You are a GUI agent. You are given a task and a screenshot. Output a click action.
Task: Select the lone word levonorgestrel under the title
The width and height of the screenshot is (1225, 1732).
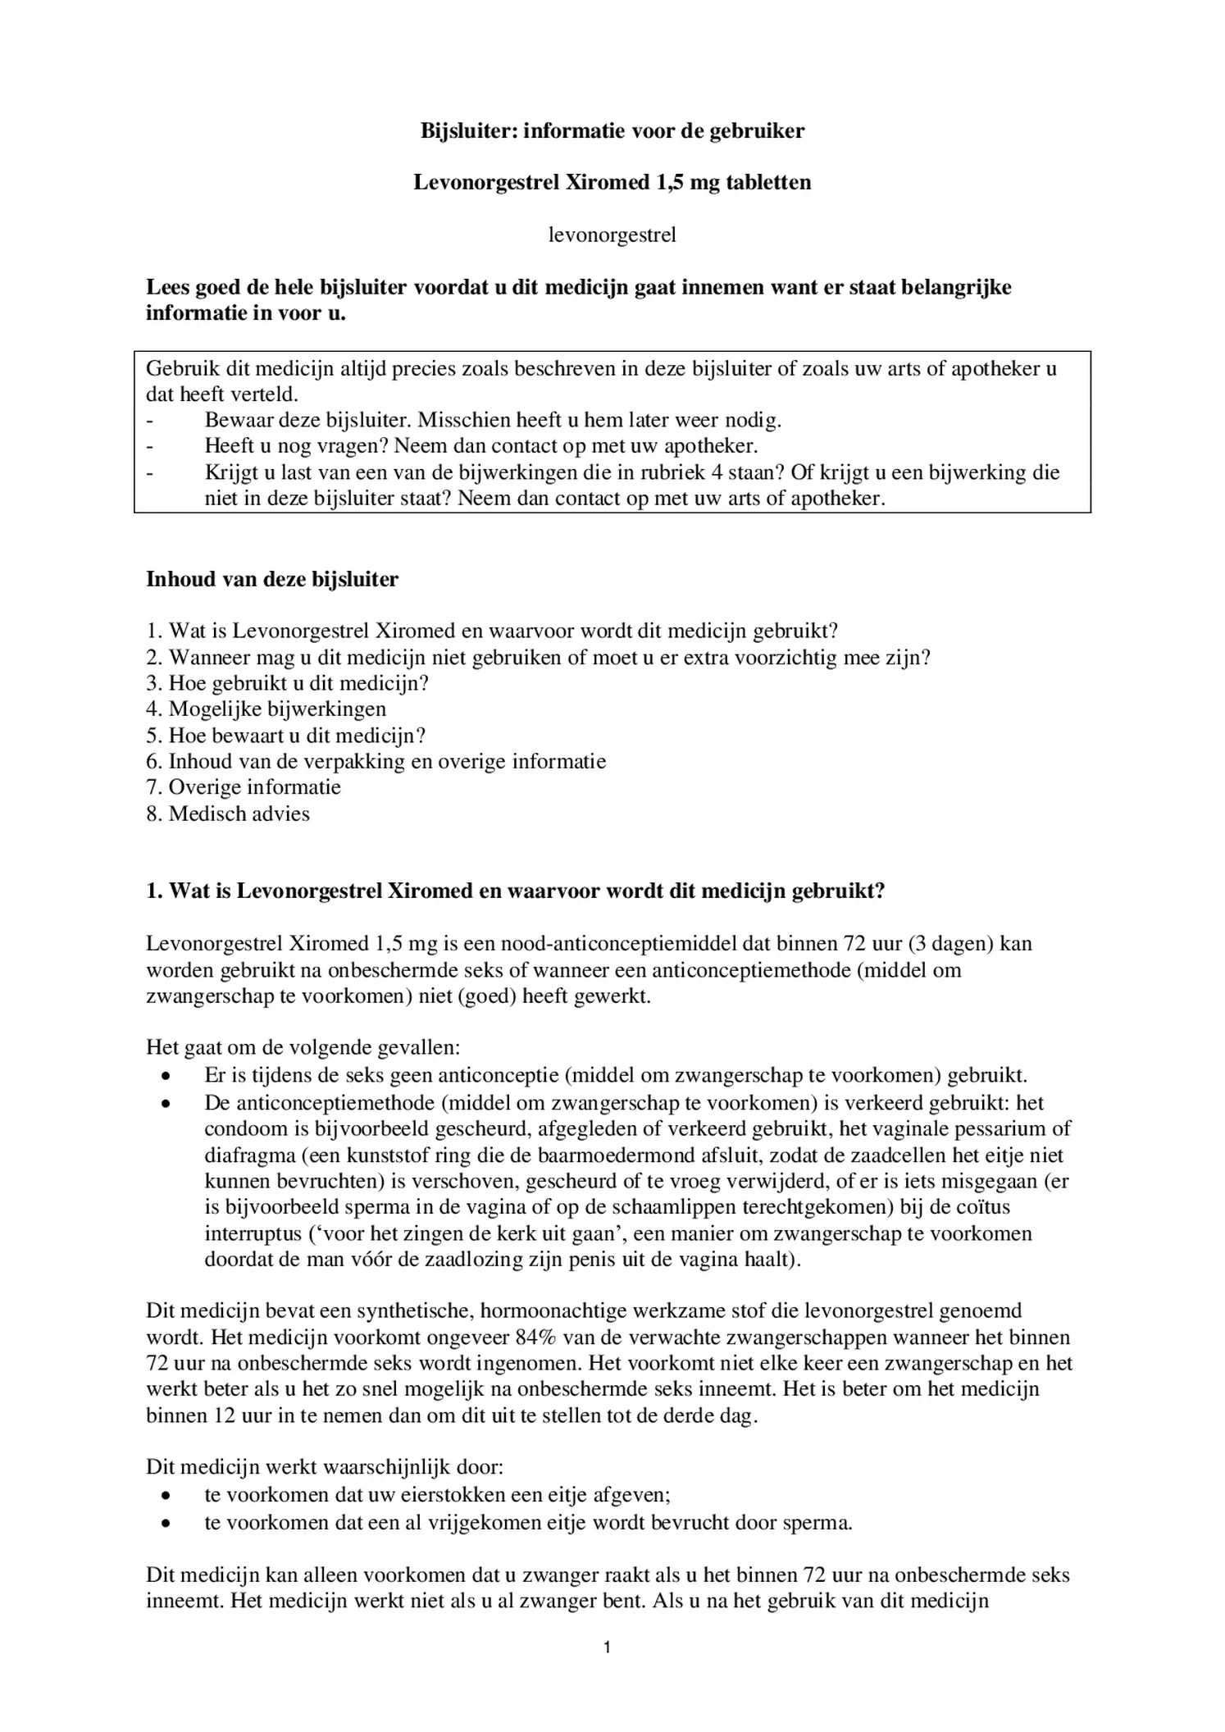click(612, 235)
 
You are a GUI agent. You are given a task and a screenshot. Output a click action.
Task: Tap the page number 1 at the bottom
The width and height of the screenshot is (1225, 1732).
click(607, 1647)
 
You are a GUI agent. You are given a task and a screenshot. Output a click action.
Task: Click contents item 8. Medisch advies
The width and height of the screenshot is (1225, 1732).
click(228, 814)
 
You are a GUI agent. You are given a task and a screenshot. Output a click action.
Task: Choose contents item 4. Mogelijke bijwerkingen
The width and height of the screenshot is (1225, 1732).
click(266, 709)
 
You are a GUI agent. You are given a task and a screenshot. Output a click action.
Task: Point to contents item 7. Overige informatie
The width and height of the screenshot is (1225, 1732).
click(244, 787)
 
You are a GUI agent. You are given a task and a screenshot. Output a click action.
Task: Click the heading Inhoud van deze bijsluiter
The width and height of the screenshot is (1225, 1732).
click(272, 579)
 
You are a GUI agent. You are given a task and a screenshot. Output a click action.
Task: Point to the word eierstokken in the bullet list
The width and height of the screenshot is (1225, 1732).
click(451, 1495)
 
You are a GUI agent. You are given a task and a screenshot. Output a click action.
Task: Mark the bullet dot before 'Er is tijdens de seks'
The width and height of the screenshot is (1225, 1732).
click(166, 1076)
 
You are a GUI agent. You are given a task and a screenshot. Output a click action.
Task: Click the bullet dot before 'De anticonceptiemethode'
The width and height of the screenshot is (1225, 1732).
click(166, 1103)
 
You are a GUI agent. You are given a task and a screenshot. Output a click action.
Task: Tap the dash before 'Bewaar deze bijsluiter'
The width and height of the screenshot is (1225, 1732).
click(149, 421)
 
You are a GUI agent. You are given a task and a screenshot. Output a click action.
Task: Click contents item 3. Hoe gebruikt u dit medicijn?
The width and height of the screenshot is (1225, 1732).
click(288, 682)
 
